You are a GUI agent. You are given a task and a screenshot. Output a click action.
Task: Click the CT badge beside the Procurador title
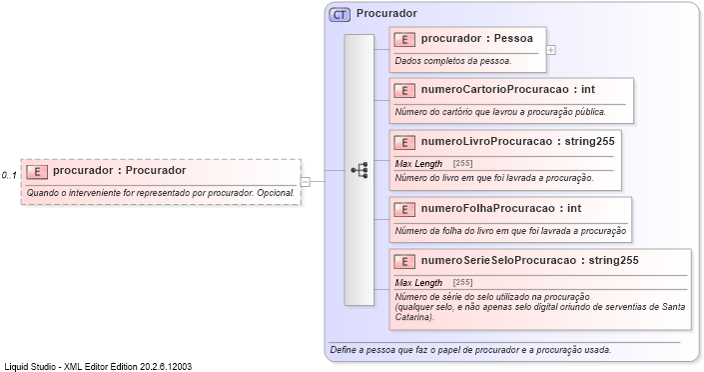click(340, 15)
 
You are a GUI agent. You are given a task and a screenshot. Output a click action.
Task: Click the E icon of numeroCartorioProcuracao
click(404, 90)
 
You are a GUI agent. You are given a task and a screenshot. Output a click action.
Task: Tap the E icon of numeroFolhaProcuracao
click(404, 210)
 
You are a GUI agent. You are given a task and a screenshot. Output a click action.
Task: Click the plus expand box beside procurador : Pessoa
click(551, 49)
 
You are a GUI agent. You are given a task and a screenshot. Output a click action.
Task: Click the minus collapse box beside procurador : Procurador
click(306, 182)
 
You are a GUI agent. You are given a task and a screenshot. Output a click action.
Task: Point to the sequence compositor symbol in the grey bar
click(359, 171)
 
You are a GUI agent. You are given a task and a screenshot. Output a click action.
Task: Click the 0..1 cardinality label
click(9, 176)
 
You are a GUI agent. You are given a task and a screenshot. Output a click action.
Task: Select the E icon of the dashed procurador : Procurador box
click(36, 171)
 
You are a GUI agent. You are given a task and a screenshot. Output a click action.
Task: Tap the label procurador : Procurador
click(119, 171)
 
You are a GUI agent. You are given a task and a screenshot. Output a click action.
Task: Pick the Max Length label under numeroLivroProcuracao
click(418, 163)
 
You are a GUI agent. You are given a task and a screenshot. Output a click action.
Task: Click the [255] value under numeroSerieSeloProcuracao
click(462, 283)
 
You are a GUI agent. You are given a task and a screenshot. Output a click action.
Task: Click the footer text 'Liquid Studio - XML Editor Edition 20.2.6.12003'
click(98, 366)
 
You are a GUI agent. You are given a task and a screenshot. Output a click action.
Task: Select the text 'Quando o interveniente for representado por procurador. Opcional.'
click(160, 193)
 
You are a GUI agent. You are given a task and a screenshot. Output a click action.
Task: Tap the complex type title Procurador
click(386, 14)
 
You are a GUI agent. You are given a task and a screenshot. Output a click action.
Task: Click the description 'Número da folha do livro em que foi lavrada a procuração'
click(510, 231)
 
